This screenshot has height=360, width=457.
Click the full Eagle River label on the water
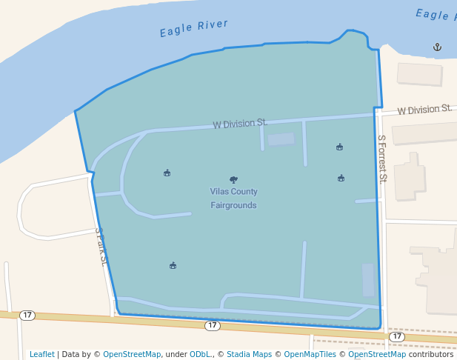coord(194,28)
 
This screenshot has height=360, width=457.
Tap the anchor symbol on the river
coord(437,47)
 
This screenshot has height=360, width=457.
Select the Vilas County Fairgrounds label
coord(233,198)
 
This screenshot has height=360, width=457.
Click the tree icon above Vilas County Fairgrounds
coord(233,179)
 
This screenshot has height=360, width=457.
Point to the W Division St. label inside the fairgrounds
coord(239,123)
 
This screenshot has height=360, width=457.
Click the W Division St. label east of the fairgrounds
coord(424,110)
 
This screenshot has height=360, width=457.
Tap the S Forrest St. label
coord(382,158)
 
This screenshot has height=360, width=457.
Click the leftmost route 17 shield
coord(27,315)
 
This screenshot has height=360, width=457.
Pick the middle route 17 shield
coord(213,325)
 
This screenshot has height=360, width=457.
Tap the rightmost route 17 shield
coord(397,336)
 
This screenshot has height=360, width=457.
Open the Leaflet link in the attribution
coord(42,354)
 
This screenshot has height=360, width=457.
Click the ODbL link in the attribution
coord(200,354)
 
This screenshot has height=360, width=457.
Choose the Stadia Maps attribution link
coord(249,354)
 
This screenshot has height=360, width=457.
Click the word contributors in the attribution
coord(430,354)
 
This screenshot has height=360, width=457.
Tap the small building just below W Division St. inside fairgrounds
coord(281,139)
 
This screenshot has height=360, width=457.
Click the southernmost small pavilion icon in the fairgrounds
coord(173,265)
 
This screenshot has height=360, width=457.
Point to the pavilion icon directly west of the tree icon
coord(167,173)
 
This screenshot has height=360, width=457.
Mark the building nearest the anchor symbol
coord(419,74)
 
